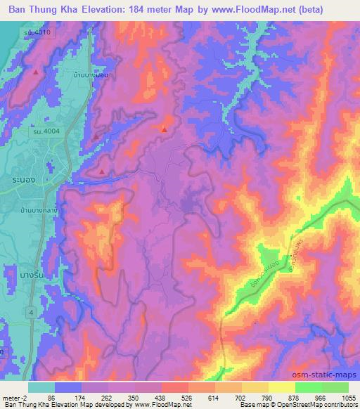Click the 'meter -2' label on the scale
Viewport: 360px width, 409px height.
[x=11, y=398]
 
